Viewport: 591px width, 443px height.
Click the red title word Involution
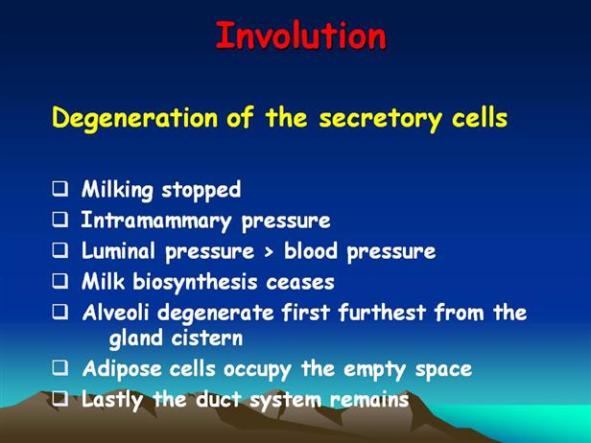click(x=301, y=35)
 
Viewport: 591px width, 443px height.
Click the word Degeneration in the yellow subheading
click(x=134, y=118)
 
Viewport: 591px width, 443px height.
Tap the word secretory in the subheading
click(x=380, y=119)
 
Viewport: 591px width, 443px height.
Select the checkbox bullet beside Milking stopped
click(x=60, y=188)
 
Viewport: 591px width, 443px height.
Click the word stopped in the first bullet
click(x=201, y=190)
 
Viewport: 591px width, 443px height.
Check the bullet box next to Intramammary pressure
click(x=60, y=220)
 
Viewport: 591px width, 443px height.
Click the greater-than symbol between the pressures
click(x=269, y=252)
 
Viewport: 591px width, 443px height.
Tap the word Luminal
click(x=118, y=250)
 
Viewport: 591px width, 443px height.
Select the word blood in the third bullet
click(x=310, y=250)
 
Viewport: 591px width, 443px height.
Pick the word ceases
click(x=300, y=283)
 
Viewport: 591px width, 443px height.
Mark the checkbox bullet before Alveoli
click(x=60, y=312)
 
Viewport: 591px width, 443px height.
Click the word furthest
click(x=382, y=313)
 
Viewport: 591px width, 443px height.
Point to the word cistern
click(x=207, y=338)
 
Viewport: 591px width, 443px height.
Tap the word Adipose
click(x=122, y=369)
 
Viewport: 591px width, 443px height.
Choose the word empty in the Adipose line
click(x=374, y=370)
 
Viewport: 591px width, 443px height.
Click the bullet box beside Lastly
click(x=60, y=399)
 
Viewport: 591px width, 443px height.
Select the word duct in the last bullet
click(x=218, y=399)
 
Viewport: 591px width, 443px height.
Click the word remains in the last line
click(x=369, y=400)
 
